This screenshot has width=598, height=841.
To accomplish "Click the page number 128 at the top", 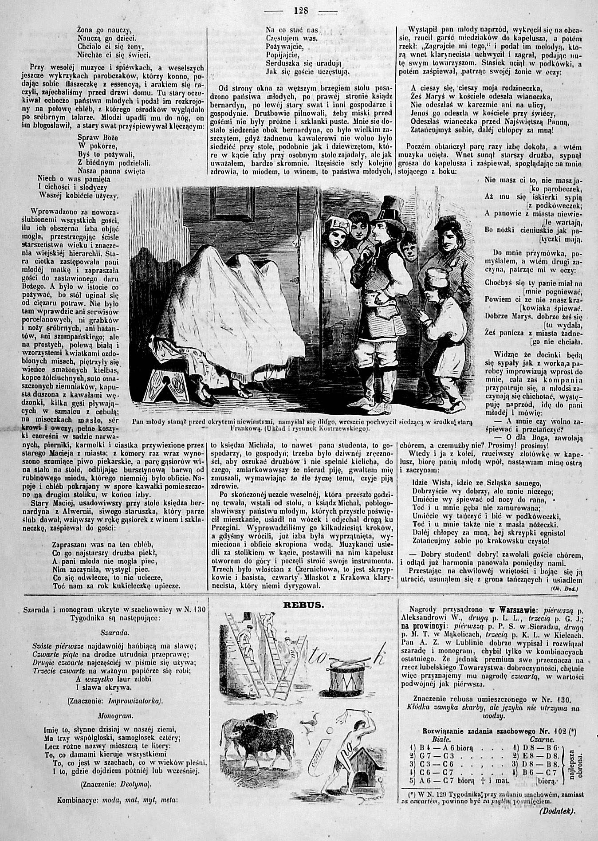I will point(300,10).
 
